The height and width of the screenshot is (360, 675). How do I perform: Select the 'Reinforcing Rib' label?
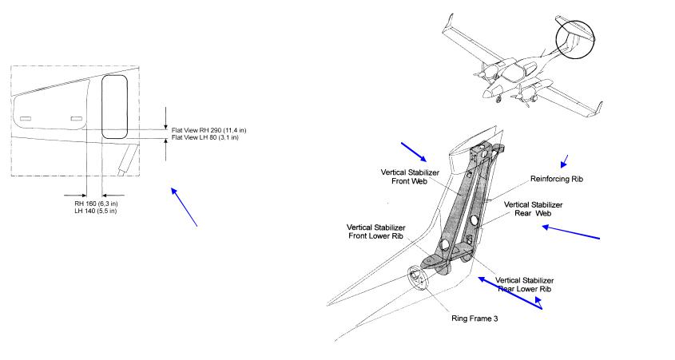click(557, 180)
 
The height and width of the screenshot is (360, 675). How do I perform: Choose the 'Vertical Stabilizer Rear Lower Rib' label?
click(525, 285)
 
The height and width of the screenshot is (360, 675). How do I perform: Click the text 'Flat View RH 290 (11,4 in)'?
click(209, 129)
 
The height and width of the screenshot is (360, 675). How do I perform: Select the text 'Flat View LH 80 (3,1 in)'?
click(205, 137)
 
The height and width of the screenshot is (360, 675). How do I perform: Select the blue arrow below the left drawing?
click(184, 206)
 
